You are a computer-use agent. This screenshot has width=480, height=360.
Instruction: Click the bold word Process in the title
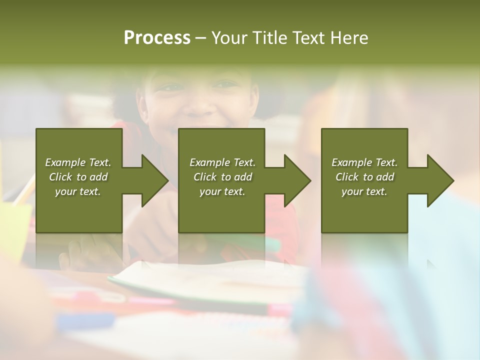(x=157, y=38)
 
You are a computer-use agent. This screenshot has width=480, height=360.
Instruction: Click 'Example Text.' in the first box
(x=78, y=162)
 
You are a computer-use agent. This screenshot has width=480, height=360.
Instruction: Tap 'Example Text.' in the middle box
(x=222, y=162)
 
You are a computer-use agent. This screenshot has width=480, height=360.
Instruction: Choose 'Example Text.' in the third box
(x=364, y=162)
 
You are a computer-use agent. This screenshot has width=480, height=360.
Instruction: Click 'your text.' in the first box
(x=78, y=191)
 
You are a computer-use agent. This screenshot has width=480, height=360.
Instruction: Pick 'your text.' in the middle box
(x=222, y=191)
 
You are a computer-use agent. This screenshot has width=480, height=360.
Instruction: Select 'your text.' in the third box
(x=364, y=191)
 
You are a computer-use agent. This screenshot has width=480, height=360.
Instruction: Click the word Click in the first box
(x=61, y=177)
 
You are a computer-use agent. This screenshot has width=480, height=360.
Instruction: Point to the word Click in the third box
(x=347, y=177)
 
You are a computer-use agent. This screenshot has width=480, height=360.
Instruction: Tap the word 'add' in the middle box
(x=243, y=177)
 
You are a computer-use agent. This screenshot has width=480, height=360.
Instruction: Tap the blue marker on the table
(x=85, y=320)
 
